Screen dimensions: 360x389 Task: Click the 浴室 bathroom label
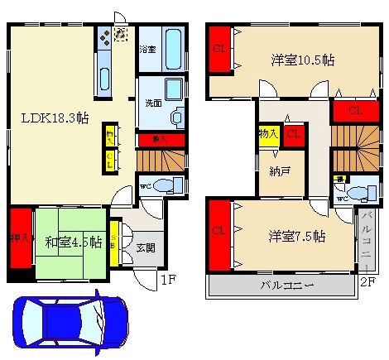tap(147, 49)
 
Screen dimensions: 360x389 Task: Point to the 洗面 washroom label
tap(146, 104)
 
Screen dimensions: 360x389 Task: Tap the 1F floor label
tap(169, 281)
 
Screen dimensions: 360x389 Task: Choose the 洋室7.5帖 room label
tap(295, 236)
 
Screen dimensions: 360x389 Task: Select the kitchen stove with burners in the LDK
tap(104, 37)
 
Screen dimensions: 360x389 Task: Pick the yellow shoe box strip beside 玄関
tap(116, 242)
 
